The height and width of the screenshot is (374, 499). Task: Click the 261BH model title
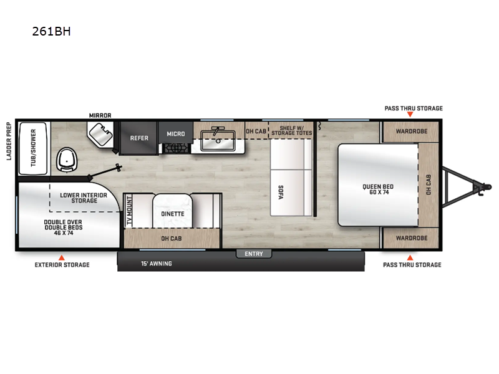click(x=51, y=31)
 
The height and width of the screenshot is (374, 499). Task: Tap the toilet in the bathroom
click(x=67, y=160)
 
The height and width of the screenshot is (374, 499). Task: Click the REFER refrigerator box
click(x=139, y=138)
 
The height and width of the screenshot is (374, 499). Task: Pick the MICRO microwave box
click(x=175, y=133)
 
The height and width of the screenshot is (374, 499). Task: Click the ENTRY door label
click(x=254, y=254)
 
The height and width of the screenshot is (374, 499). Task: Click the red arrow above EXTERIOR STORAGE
click(x=61, y=256)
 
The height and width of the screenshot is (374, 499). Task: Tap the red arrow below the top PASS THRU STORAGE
click(x=410, y=116)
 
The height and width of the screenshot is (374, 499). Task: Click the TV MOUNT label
click(x=129, y=211)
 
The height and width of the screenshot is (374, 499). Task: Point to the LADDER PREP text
click(x=9, y=141)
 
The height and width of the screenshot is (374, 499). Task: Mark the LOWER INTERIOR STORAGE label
click(x=83, y=198)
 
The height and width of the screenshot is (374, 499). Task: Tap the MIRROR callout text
click(x=100, y=115)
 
